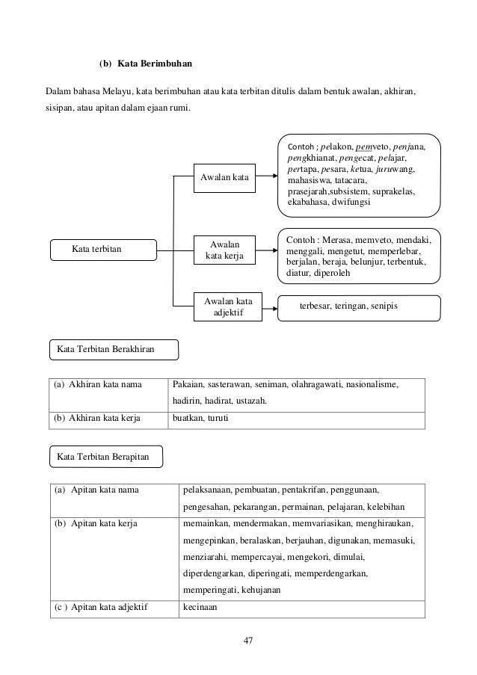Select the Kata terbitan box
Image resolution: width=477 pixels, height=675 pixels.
[102, 248]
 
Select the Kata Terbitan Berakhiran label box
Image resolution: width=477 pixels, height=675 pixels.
[114, 348]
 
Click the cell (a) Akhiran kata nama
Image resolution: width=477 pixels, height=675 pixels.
[109, 386]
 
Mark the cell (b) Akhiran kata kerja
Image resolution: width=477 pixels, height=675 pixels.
[109, 419]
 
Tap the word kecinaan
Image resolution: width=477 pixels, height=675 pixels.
[200, 607]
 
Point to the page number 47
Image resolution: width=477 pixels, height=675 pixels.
[238, 640]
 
